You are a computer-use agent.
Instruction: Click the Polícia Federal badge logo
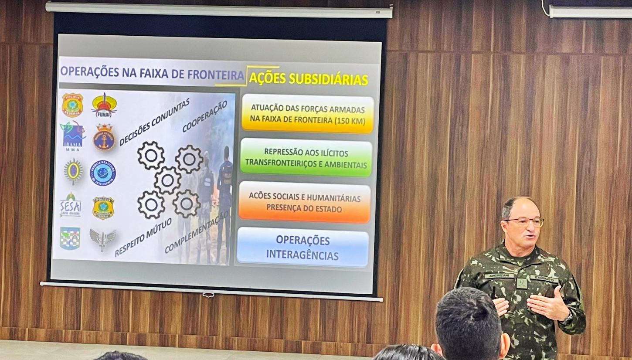click(x=72, y=105)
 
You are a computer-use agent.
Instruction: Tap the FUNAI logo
click(x=104, y=105)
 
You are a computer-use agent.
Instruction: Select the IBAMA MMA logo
click(x=73, y=136)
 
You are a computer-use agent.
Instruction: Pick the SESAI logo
click(x=71, y=205)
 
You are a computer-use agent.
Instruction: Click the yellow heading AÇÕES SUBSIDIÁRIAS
click(x=308, y=79)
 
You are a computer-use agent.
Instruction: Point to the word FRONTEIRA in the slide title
click(x=216, y=74)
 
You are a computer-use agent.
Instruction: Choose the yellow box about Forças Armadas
click(x=307, y=113)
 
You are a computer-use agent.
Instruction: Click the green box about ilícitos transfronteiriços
click(x=306, y=158)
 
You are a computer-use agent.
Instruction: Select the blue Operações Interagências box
click(x=302, y=247)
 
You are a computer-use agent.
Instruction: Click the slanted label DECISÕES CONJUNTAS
click(x=154, y=122)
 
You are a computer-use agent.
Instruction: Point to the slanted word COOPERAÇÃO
click(x=204, y=116)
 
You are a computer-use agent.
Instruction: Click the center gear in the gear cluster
click(x=167, y=180)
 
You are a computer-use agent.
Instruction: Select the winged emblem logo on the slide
click(x=102, y=239)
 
